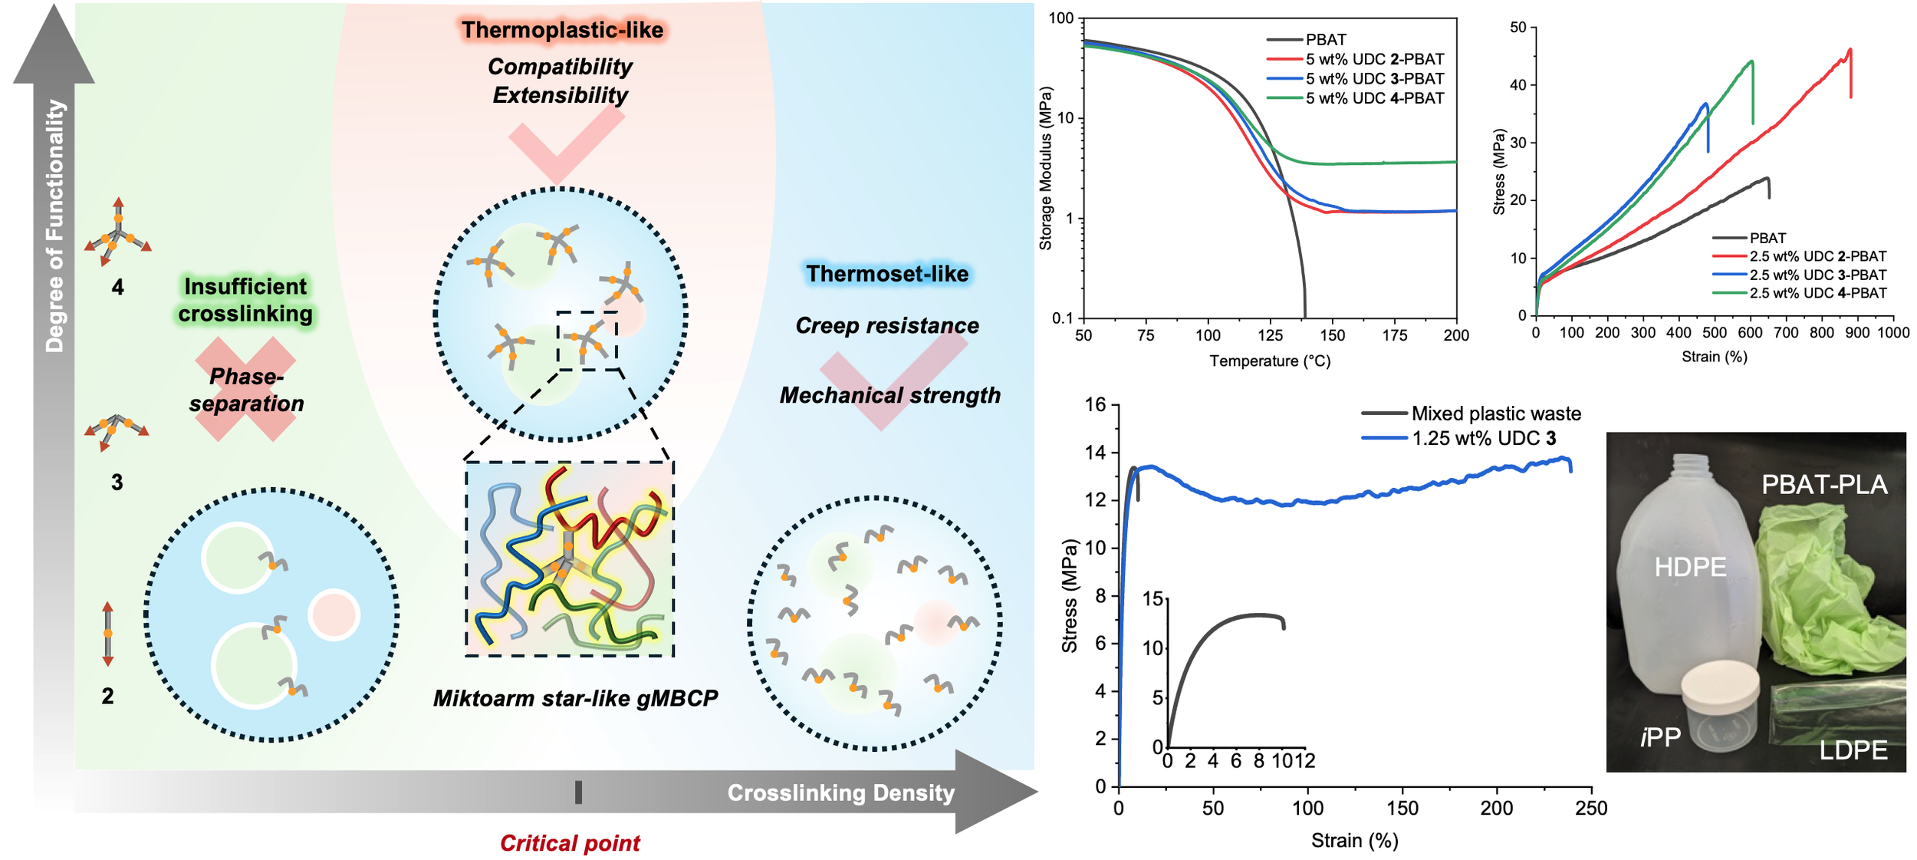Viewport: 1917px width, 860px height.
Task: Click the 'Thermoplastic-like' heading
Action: click(x=562, y=30)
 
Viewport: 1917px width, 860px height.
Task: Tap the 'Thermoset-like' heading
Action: click(x=887, y=274)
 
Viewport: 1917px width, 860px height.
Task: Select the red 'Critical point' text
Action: click(x=570, y=843)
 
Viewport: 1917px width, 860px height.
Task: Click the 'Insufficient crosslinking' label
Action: click(x=245, y=300)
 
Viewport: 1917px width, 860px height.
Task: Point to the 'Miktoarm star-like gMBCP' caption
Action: click(x=575, y=698)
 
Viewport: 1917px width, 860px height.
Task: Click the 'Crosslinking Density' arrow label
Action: click(x=840, y=792)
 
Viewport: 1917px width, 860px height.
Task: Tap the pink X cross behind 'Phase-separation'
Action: click(x=245, y=389)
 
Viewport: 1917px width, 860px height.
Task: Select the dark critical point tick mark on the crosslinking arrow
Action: click(x=578, y=792)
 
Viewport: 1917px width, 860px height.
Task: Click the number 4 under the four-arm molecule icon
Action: click(x=117, y=287)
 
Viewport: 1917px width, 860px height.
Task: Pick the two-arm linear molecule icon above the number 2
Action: click(x=108, y=634)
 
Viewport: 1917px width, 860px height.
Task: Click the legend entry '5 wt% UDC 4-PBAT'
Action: click(x=1374, y=98)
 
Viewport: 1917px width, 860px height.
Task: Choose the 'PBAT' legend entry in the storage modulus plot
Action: click(x=1326, y=39)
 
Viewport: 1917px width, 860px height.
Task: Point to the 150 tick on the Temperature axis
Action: click(x=1333, y=335)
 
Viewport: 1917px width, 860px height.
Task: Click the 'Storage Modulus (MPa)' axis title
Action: click(x=1045, y=168)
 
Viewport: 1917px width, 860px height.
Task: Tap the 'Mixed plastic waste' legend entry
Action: click(x=1495, y=414)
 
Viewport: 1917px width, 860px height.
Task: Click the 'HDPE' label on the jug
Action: click(x=1690, y=567)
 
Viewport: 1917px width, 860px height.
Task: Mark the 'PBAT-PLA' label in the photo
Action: click(x=1824, y=484)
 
